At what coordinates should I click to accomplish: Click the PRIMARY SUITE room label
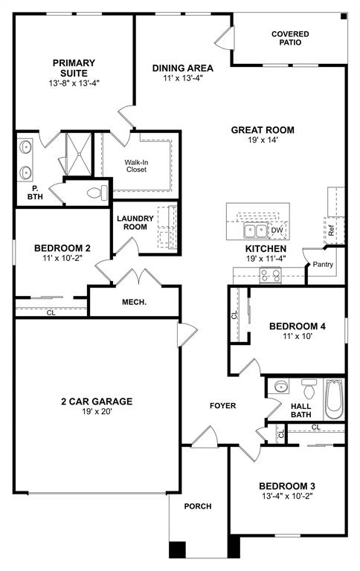(x=69, y=68)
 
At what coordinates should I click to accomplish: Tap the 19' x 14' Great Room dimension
(x=263, y=142)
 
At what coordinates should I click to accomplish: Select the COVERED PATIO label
(x=290, y=39)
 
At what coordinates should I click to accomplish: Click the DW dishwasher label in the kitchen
(x=277, y=231)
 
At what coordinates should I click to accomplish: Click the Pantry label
(x=323, y=264)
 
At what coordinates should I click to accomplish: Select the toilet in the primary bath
(x=94, y=193)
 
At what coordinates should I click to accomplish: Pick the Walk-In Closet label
(x=135, y=165)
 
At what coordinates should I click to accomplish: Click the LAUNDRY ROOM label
(x=135, y=222)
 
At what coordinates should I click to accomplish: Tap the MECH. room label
(x=134, y=302)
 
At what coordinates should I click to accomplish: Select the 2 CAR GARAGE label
(x=97, y=401)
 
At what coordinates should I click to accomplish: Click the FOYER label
(x=222, y=406)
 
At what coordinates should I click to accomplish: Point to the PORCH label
(x=198, y=506)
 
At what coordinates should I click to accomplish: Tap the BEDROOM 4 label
(x=297, y=326)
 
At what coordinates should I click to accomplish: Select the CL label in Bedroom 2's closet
(x=51, y=313)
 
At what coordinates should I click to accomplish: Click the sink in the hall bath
(x=280, y=387)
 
